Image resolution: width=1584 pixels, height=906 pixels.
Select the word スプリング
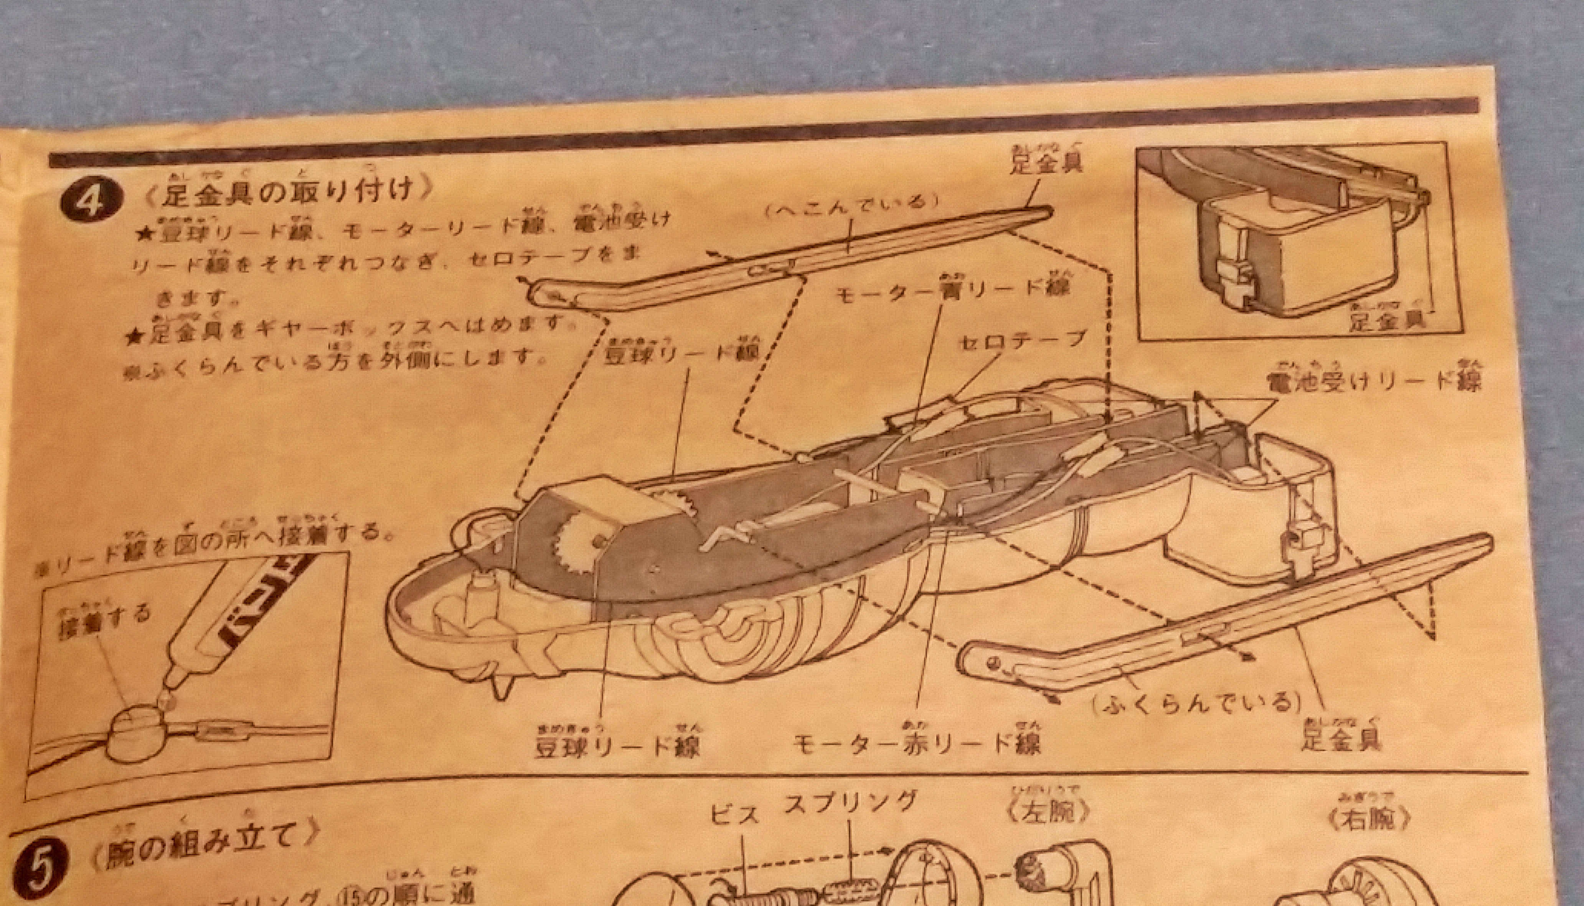coord(850,803)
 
